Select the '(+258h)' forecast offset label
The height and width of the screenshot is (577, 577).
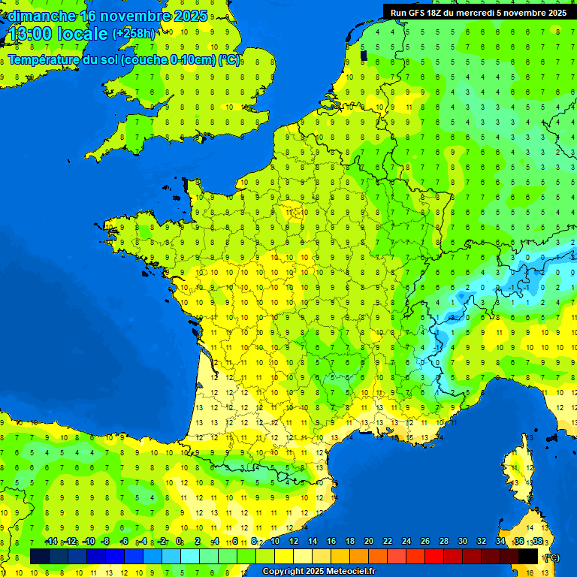point(134,34)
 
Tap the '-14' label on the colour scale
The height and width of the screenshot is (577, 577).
point(51,542)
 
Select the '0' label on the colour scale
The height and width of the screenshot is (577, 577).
point(179,542)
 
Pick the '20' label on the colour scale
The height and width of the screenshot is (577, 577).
point(368,542)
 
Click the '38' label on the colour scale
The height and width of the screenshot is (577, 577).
point(537,542)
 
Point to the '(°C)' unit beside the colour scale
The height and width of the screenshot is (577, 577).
point(551,557)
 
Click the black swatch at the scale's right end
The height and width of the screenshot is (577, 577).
point(528,556)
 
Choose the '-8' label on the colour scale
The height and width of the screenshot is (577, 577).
point(105,542)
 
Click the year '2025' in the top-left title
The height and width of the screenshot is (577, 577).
point(190,16)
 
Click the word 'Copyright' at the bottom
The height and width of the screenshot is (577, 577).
point(284,572)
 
